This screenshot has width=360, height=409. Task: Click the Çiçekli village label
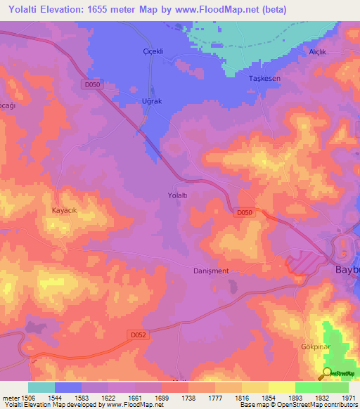153,52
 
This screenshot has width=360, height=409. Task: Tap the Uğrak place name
153,101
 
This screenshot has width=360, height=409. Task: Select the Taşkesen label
265,79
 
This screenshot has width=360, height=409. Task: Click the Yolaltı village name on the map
177,195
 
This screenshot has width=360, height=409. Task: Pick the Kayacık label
67,210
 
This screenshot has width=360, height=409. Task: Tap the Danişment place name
211,271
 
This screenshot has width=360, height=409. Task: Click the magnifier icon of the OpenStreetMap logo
326,373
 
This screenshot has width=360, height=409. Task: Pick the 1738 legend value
188,397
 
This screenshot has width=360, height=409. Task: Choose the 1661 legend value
135,397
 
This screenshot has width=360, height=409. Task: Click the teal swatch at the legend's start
41,387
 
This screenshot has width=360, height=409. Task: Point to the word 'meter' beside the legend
10,397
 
